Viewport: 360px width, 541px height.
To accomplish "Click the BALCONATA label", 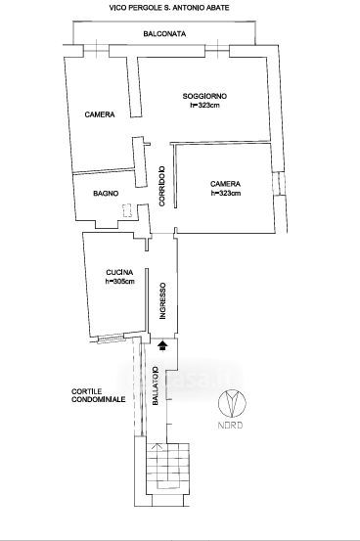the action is (x=164, y=34).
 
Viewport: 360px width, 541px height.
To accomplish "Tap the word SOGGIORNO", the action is (x=204, y=96).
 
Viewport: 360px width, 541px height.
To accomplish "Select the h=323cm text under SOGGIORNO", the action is (x=204, y=106).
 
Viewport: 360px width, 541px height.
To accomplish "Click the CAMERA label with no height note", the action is (x=100, y=114).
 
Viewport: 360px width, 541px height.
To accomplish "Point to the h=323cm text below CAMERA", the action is (x=226, y=194).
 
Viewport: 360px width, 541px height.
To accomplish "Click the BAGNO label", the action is (x=106, y=194).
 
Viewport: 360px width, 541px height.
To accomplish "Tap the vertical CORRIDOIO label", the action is (x=161, y=186).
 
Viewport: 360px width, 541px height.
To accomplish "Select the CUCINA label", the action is (x=119, y=272).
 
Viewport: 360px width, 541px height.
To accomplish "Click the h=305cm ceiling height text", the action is (x=119, y=281).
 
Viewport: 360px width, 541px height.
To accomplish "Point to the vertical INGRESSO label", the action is (x=163, y=301).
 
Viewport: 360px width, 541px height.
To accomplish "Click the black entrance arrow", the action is (x=162, y=345).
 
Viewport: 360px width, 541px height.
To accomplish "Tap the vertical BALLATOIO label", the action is (x=156, y=385).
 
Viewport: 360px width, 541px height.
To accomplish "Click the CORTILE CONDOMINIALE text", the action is (x=99, y=396).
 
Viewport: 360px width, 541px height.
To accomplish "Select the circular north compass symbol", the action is (x=232, y=403).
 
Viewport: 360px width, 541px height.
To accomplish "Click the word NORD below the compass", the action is (x=230, y=425).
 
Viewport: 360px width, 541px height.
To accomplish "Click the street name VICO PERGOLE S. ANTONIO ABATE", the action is (x=169, y=7).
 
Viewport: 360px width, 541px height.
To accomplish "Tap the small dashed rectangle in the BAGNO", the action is (x=127, y=210).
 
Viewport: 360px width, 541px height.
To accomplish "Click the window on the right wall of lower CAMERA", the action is (x=279, y=183).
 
